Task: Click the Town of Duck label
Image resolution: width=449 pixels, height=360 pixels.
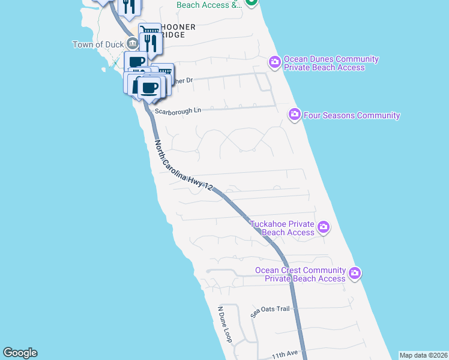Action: point(98,44)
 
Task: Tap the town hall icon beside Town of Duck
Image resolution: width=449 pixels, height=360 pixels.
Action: point(132,44)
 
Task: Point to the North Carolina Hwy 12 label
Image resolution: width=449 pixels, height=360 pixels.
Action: point(184,166)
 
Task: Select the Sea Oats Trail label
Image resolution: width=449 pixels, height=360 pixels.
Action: point(270,310)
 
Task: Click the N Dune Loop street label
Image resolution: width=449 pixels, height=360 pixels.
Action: point(224,325)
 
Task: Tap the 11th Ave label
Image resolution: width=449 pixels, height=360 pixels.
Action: point(285,355)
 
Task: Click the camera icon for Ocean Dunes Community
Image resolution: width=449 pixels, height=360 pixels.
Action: point(275,62)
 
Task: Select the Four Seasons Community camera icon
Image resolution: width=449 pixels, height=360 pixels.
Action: point(294,114)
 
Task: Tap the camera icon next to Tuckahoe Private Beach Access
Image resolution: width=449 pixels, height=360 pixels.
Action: point(324,227)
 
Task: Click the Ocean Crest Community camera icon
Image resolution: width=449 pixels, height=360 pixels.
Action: point(355,273)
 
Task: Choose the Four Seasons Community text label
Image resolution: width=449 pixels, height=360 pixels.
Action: point(352,115)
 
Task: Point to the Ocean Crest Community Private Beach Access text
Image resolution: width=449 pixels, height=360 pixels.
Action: point(301,274)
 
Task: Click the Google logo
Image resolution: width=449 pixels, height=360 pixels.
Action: point(20,353)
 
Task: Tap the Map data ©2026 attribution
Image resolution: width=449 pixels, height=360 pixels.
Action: point(423,355)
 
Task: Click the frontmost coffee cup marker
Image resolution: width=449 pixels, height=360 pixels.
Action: point(150,88)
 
